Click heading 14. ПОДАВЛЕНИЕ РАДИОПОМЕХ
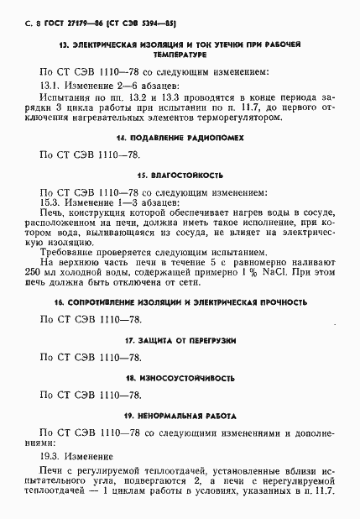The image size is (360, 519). pos(180,137)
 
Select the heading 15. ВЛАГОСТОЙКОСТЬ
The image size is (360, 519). pos(180,176)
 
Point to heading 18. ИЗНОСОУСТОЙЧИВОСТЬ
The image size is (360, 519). pos(180,378)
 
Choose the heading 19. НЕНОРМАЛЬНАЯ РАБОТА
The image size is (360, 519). pos(180,416)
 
